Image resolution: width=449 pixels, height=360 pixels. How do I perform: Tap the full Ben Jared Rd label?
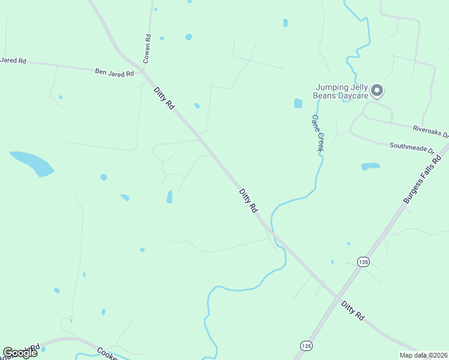(x=114, y=71)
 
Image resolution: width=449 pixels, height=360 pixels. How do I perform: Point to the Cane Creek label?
(x=317, y=133)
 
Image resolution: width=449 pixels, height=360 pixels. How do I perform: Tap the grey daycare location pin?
(x=377, y=91)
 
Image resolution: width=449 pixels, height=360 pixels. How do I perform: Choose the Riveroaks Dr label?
(x=430, y=130)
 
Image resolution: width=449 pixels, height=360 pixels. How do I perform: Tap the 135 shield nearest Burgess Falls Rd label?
(x=363, y=262)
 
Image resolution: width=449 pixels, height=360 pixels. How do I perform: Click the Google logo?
(x=20, y=353)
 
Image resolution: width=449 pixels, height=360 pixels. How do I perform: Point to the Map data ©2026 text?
(x=423, y=355)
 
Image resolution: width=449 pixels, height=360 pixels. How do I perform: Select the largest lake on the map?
(x=33, y=163)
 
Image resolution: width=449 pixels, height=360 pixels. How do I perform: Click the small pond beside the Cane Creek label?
(x=298, y=103)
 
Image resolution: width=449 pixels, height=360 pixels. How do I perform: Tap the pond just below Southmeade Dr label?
(x=370, y=166)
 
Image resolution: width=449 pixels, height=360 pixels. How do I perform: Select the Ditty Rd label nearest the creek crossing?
(x=248, y=200)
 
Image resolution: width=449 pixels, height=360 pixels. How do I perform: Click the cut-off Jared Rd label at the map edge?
(x=13, y=60)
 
